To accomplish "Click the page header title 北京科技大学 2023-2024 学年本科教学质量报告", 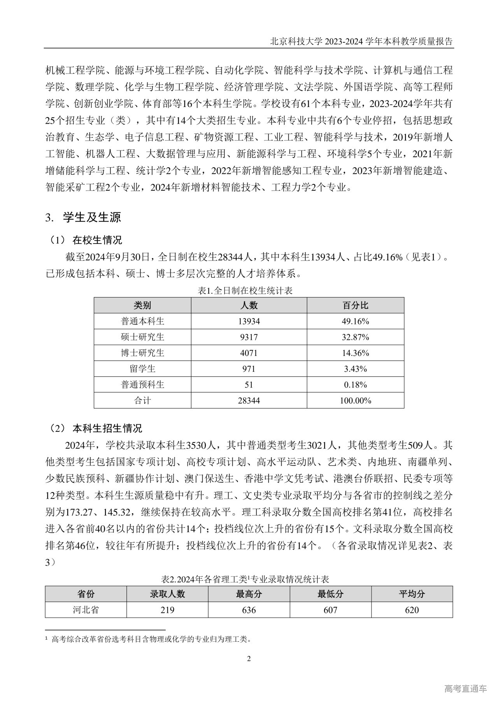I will (361, 42).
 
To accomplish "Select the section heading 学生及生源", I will (92, 217).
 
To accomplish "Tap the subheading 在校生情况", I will (97, 240).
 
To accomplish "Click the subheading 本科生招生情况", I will (107, 428).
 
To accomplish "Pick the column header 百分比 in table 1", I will (355, 305).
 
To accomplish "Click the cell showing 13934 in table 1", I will (249, 321).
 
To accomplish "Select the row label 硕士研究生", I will (142, 337).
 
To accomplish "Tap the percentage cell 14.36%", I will (355, 353).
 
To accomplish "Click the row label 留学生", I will (142, 369).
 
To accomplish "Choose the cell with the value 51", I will (249, 385).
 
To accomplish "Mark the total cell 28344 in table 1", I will (249, 401).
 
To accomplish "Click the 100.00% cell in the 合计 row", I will (355, 401).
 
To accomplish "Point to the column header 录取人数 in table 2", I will (167, 594).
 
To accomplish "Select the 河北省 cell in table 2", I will (86, 610).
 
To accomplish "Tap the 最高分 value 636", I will (249, 610).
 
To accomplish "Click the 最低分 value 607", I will (330, 610).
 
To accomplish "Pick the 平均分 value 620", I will (412, 610).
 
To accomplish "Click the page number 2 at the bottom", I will (249, 658).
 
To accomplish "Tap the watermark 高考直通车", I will (465, 689).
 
